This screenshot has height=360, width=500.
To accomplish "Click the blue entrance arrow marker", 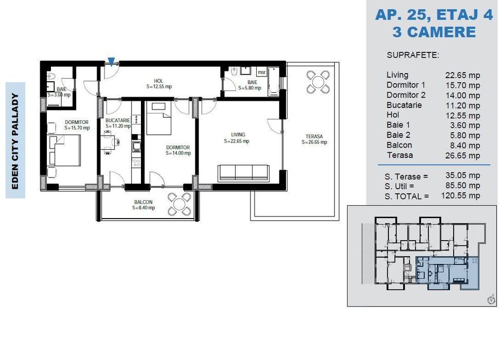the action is click(x=111, y=62).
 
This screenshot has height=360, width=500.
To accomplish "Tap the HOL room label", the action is click(x=158, y=81).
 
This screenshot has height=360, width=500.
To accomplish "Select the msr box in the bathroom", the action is click(x=261, y=73).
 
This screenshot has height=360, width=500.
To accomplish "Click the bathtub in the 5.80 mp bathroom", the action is click(x=274, y=81).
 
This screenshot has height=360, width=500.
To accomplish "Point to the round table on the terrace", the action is click(x=318, y=82).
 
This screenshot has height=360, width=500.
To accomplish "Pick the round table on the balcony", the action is click(x=180, y=204).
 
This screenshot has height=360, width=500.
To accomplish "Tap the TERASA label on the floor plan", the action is click(x=314, y=136).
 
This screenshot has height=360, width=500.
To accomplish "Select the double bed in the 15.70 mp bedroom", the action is click(x=64, y=150).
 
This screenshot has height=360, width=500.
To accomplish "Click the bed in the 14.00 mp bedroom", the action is click(x=159, y=118).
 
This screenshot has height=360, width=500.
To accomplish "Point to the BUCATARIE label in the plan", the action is click(x=118, y=120).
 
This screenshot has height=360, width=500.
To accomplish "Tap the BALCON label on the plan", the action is click(x=143, y=202).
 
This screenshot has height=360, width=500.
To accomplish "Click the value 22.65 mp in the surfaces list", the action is click(x=462, y=75).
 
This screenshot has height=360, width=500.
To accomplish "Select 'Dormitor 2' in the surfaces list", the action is click(x=406, y=95).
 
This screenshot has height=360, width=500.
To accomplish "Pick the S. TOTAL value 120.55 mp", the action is click(x=460, y=195).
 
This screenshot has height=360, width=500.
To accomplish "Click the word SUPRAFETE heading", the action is click(x=413, y=55).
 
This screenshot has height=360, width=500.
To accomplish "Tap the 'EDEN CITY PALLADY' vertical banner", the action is click(x=15, y=140).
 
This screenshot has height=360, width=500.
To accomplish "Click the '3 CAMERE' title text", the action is click(x=434, y=32).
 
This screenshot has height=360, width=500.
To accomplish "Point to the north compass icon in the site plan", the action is click(x=491, y=300).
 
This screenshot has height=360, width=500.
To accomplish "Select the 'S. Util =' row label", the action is click(x=399, y=186).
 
